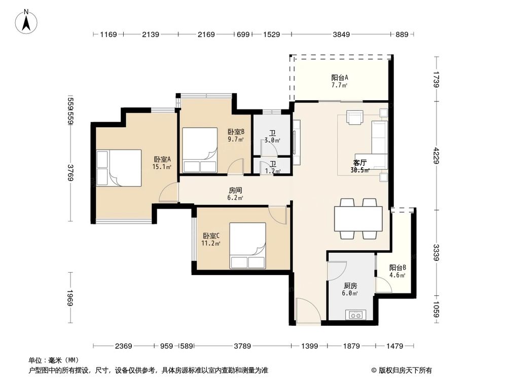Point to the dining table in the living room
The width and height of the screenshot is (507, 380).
click(x=358, y=218)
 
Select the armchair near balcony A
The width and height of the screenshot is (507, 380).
click(x=355, y=117)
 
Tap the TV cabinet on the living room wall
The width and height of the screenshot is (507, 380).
click(x=297, y=143)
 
